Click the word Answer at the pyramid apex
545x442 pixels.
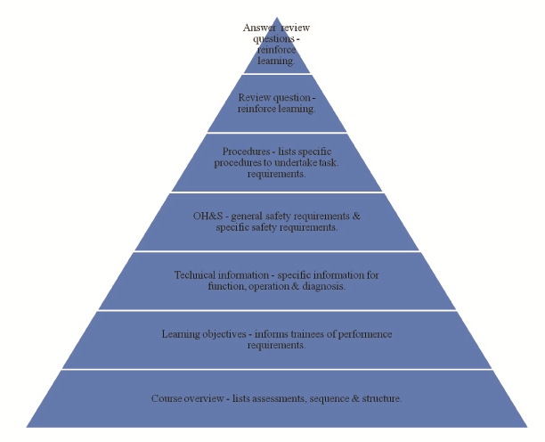[256, 29]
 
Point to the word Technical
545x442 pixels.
[195, 274]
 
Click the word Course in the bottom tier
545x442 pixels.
[167, 397]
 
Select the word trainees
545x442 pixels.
[303, 334]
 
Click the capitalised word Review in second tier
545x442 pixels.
[256, 97]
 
